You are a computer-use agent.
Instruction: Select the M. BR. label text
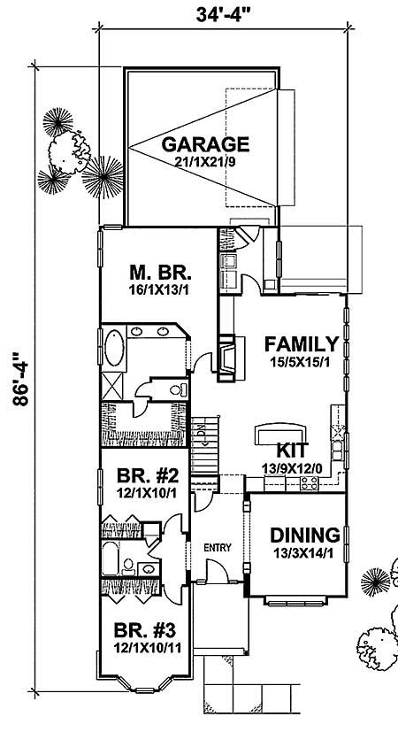pos(156,272)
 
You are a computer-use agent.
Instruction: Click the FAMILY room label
pos(301,344)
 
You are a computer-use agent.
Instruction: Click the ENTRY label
pos(217,548)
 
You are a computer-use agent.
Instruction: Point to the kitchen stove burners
pos(310,482)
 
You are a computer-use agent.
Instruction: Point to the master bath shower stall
pos(113,388)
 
